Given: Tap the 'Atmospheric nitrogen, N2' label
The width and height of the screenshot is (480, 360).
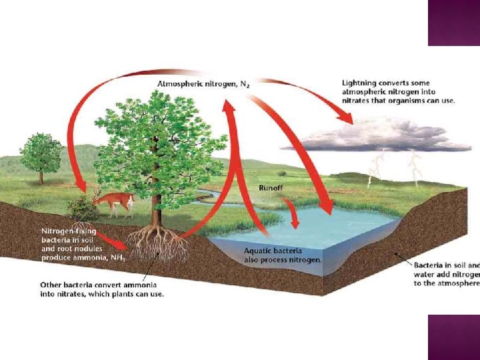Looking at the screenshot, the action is [204, 84].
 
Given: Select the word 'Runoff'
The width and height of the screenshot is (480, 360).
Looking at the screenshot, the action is [273, 189].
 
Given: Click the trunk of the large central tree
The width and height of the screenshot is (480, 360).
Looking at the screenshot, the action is [156, 207].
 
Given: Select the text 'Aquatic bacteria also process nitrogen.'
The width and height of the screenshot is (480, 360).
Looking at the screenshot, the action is [282, 254].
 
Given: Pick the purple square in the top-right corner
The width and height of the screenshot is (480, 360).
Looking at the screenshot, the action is [454, 23].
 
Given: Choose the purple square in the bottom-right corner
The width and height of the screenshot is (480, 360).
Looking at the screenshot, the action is [454, 337].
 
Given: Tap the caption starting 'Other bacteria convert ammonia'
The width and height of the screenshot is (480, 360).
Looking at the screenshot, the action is [102, 289].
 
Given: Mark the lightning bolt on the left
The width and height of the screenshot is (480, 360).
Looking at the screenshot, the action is [377, 169].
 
